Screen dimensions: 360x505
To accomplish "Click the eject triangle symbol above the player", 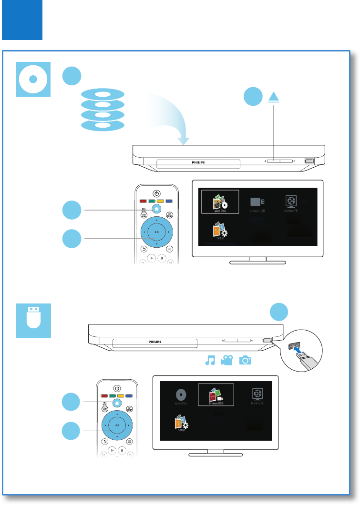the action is [x=274, y=96].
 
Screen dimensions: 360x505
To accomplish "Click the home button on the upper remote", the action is [x=156, y=208].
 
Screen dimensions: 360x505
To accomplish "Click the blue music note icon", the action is [x=209, y=361].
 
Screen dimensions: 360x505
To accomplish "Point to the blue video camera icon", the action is [x=227, y=361].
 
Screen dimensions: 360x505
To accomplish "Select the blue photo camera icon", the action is [x=245, y=361].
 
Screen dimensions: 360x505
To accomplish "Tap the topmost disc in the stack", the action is [x=103, y=94].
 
